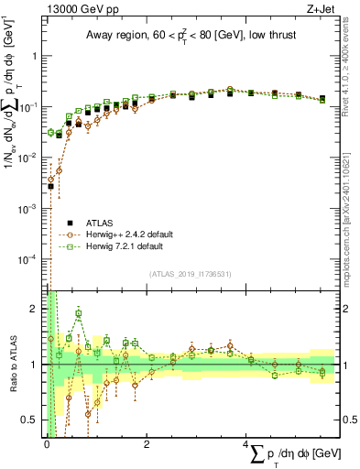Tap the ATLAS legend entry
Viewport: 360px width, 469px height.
[98, 223]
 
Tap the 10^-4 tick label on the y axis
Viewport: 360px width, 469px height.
[30, 259]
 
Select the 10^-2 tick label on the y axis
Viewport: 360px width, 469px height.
[30, 158]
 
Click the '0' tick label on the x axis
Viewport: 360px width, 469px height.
[47, 443]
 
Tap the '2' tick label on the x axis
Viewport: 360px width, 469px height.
[147, 443]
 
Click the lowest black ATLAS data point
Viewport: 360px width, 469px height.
[50, 187]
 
